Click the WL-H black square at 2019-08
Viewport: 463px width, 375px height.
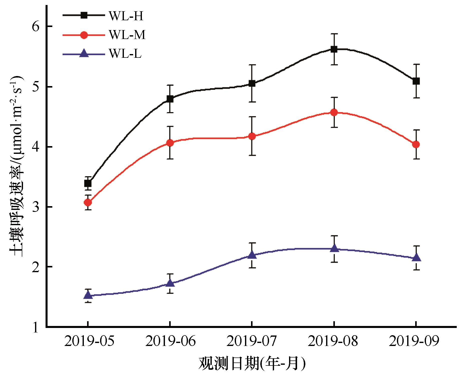[x=334, y=49]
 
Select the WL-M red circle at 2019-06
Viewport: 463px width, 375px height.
[x=170, y=143]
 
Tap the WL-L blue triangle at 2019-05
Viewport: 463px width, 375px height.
[x=88, y=295]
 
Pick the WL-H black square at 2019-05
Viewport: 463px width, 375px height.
[x=88, y=184]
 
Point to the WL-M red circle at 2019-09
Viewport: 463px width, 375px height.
[x=416, y=144]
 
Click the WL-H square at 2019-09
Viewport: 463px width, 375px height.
[x=416, y=81]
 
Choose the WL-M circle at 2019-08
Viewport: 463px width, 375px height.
[x=334, y=113]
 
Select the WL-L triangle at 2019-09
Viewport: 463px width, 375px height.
[x=416, y=258]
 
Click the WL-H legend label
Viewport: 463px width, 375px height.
[x=126, y=16]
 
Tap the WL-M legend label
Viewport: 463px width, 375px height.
[x=127, y=35]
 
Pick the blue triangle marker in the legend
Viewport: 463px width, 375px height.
[x=84, y=54]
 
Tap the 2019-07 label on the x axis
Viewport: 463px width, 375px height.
[x=252, y=341]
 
